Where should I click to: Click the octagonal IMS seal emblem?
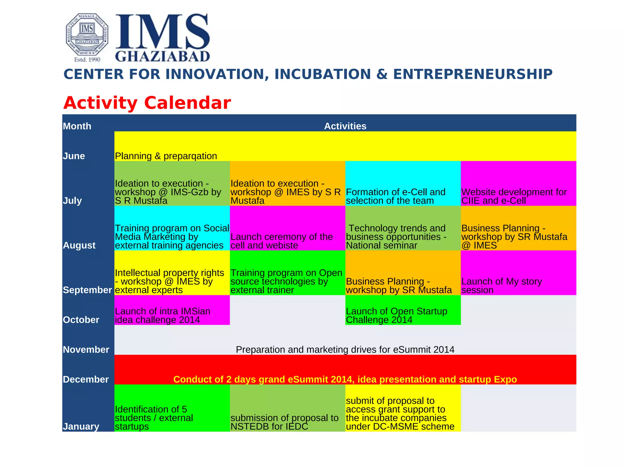[87, 35]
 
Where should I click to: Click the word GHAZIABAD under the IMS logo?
[163, 56]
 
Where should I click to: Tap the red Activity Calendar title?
[147, 103]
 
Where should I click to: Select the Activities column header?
[345, 126]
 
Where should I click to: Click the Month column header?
[77, 126]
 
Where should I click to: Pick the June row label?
[74, 156]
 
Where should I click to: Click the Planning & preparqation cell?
[166, 156]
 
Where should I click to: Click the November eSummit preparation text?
[345, 349]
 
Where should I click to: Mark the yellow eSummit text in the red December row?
[345, 379]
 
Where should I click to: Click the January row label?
[81, 426]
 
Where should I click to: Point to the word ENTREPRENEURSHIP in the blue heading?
[472, 74]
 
